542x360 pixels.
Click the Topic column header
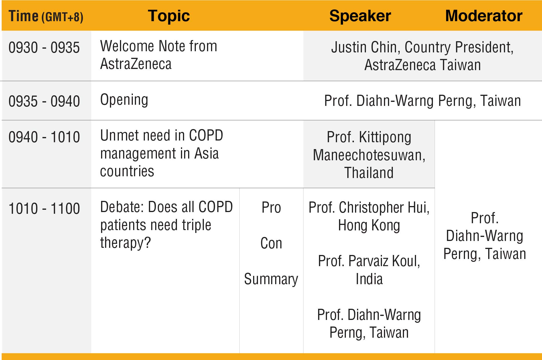169,16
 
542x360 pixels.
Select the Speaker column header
360,16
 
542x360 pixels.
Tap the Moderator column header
484,16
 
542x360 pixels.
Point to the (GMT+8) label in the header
62,17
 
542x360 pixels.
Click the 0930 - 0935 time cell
44,48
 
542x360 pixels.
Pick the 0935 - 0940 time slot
44,101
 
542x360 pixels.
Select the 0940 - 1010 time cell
44,137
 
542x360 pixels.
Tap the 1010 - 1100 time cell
44,208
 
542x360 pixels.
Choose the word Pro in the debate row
271,207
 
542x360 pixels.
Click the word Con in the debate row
271,243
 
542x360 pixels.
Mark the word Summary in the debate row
271,279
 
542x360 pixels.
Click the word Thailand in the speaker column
369,173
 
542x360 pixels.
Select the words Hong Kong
369,226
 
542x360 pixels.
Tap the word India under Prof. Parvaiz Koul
369,279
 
